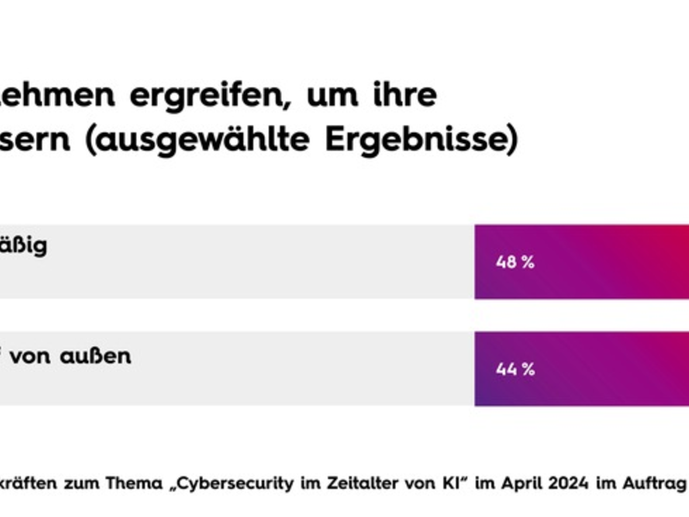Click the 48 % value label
point(515,263)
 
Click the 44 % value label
point(515,369)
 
